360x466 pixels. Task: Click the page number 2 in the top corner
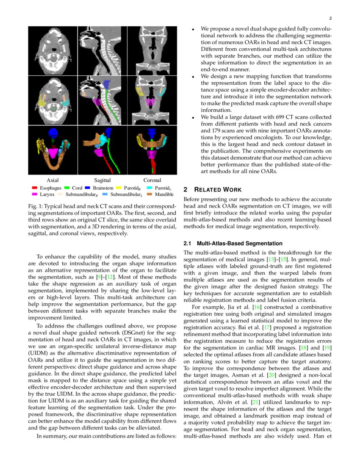330,18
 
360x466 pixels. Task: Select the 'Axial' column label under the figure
52,180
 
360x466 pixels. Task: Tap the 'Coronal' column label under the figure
152,180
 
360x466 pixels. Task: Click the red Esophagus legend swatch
35,188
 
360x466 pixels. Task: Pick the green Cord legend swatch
67,188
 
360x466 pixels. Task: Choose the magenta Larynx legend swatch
35,194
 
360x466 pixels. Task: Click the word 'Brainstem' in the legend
103,188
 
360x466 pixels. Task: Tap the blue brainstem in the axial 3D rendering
53,133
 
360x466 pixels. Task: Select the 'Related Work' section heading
216,189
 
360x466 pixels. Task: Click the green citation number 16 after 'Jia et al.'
256,306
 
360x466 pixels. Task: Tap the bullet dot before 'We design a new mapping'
193,78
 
